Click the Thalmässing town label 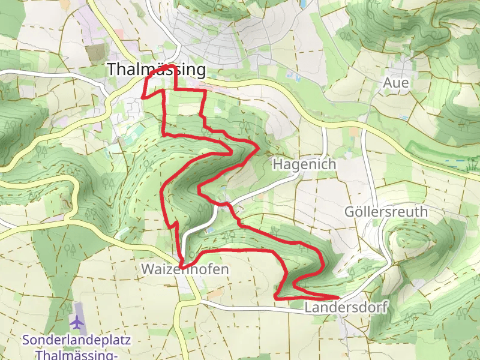click(156, 70)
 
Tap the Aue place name click(396, 83)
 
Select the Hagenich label click(304, 164)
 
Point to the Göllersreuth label click(386, 211)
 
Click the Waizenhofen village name click(185, 269)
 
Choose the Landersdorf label click(346, 307)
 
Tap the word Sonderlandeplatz click(76, 340)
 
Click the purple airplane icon click(77, 323)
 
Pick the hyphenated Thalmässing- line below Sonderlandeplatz click(76, 355)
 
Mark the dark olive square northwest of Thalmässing click(95, 53)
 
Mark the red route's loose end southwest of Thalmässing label click(142, 97)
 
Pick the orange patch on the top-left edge click(64, 4)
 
